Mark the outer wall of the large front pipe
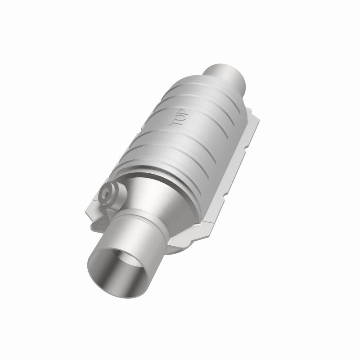(135, 252)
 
